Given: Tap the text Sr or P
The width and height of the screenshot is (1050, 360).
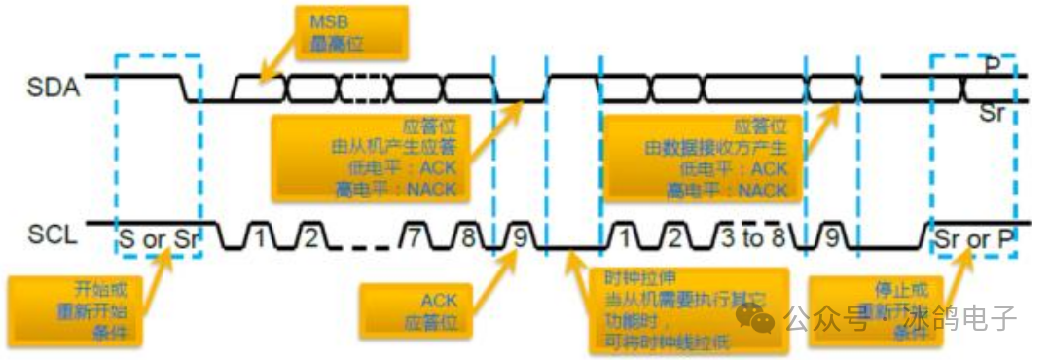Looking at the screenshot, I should [975, 235].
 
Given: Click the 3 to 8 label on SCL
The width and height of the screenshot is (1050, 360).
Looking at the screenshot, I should [753, 236].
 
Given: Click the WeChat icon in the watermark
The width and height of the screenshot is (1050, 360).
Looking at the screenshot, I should [756, 318].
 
